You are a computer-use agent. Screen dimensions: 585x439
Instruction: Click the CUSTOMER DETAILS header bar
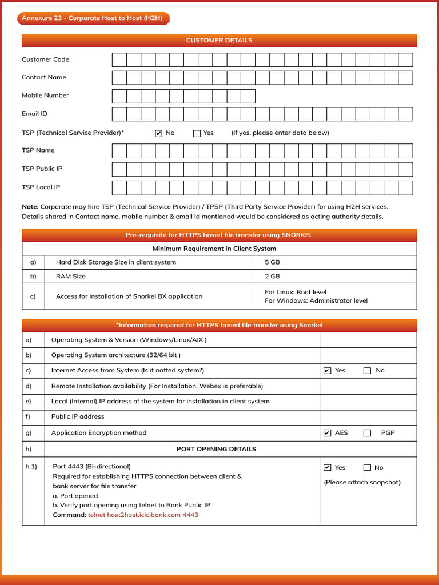coord(219,41)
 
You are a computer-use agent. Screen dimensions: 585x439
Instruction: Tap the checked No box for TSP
coord(159,134)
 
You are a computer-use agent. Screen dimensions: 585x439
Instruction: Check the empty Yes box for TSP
coord(197,134)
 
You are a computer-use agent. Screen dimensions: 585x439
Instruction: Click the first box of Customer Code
coord(119,60)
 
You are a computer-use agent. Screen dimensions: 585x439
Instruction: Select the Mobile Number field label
coord(45,95)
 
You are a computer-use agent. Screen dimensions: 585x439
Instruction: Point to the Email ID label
coord(34,114)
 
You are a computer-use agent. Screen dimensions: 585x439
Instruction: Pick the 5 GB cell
coord(272,262)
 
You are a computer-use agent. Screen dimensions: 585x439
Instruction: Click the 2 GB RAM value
coord(272,276)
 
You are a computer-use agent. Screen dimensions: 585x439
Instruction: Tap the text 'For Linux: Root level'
coord(296,292)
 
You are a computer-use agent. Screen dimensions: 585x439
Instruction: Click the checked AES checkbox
coord(327,433)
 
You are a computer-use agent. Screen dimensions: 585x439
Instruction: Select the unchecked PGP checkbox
coord(368,433)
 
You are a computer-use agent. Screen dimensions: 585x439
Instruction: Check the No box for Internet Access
coord(368,371)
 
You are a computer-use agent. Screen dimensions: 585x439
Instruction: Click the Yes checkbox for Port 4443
coord(327,468)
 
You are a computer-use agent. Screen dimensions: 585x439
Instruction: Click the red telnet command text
coord(143,515)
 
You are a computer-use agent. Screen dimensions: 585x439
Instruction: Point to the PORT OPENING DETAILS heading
coord(216,449)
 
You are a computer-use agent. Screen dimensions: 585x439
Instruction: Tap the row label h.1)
coord(31,467)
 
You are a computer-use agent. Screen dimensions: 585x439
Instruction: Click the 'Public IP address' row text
coord(78,416)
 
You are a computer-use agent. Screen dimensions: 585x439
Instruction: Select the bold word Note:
coord(30,206)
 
